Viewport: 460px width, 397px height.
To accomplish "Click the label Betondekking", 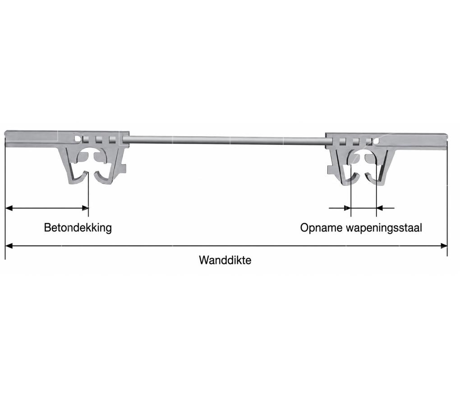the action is point(78,228).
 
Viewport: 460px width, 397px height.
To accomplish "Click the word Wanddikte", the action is point(225,260).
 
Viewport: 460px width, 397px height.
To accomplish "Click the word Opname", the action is point(321,228).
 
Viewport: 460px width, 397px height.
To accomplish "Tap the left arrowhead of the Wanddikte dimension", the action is point(9,246).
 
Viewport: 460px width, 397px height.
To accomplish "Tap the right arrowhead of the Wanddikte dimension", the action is point(444,246).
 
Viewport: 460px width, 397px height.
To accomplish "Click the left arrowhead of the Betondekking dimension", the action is point(9,208).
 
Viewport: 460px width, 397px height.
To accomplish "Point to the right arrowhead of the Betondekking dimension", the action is point(85,208).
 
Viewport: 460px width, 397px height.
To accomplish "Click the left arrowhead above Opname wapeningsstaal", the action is point(347,208).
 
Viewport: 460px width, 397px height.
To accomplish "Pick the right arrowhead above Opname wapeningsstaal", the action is point(380,208).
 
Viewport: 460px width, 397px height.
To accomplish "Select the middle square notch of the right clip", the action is point(356,142).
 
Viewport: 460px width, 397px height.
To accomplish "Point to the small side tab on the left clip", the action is point(124,169).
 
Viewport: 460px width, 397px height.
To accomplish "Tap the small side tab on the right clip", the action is point(331,170).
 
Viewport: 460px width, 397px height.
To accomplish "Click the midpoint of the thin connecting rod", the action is point(227,140).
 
